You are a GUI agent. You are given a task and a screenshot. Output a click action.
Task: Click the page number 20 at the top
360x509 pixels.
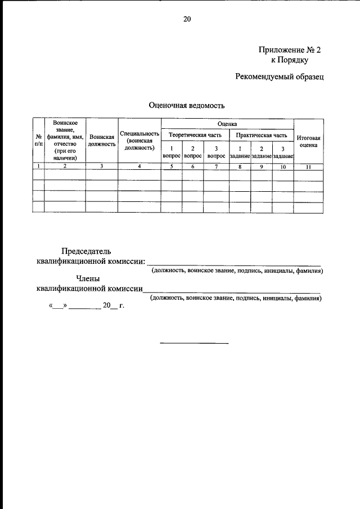click(187, 19)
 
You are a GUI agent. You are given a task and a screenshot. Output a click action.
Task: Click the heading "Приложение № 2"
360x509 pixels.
click(289, 49)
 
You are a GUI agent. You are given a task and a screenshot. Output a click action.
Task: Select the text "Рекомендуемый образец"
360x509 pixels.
click(280, 76)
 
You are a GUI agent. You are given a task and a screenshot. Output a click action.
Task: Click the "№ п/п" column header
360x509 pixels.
click(38, 141)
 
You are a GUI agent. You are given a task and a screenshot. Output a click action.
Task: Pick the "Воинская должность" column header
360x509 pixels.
click(102, 141)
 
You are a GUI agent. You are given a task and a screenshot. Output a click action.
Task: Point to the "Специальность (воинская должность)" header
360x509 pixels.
click(139, 141)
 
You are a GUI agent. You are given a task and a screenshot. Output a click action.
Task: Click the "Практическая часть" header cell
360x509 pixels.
click(262, 135)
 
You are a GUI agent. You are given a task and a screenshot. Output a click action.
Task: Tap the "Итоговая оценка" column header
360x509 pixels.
click(308, 141)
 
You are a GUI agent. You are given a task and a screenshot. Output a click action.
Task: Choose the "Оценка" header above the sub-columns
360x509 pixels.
click(227, 123)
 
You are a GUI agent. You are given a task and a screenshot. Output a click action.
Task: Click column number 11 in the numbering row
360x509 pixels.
click(308, 166)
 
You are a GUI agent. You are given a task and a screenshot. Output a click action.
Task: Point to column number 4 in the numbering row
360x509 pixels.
click(139, 166)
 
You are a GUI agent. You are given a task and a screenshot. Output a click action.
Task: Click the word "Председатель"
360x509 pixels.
click(86, 251)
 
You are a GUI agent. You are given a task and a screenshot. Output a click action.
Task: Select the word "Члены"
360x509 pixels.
click(88, 278)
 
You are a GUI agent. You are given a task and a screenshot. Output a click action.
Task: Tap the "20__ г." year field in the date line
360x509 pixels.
click(112, 306)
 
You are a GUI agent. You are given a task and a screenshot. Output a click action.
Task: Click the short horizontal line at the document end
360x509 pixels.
click(194, 343)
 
